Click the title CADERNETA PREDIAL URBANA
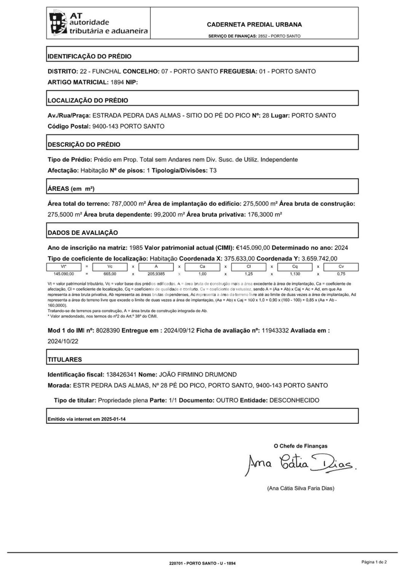(x=254, y=25)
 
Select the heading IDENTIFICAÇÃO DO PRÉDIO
(x=90, y=56)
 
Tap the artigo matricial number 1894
(x=117, y=82)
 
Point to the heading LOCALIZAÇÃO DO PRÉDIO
(x=88, y=101)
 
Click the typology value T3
(x=213, y=171)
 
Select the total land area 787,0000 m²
(x=129, y=204)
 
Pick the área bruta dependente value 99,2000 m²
(x=169, y=215)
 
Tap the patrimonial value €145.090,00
(x=253, y=248)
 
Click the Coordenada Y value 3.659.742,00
(x=319, y=259)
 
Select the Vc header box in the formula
(x=110, y=267)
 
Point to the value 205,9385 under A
(x=156, y=274)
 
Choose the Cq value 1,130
(x=295, y=274)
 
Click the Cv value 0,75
(x=341, y=274)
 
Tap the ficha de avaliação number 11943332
(x=275, y=330)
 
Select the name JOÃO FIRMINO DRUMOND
(x=198, y=375)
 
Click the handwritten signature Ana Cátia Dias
(x=300, y=464)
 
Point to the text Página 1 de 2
(x=374, y=562)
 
